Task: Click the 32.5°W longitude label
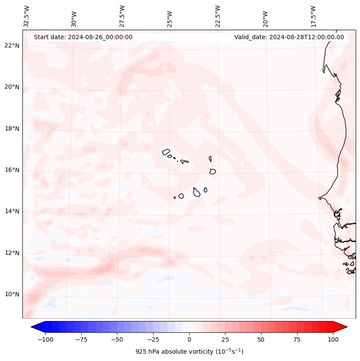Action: click(x=27, y=16)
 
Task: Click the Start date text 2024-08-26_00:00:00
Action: click(x=83, y=37)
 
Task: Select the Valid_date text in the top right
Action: click(x=289, y=37)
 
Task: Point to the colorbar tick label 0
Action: click(x=189, y=339)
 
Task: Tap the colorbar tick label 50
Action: click(x=261, y=339)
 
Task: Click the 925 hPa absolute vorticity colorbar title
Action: click(x=189, y=352)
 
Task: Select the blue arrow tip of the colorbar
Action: click(x=35, y=327)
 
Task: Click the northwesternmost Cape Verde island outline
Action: click(x=166, y=151)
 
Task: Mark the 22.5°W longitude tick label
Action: click(x=218, y=16)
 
